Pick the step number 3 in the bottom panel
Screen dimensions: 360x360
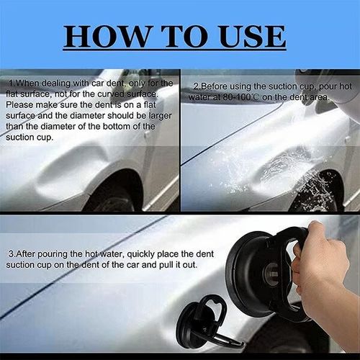point(10,254)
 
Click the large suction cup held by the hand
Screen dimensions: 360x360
point(263,270)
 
